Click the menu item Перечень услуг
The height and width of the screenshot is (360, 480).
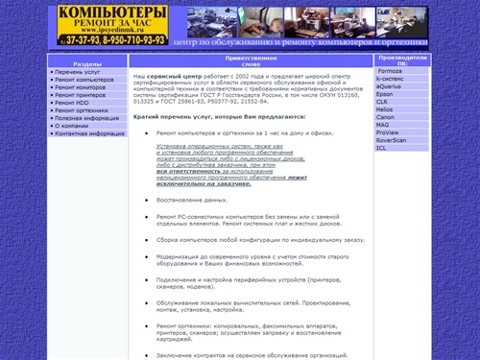(x=76, y=71)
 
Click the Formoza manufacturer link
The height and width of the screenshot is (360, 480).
(x=390, y=71)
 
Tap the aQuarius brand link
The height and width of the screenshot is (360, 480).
(x=391, y=86)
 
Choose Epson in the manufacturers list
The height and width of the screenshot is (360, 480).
(x=385, y=94)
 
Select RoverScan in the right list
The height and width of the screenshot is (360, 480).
(x=392, y=140)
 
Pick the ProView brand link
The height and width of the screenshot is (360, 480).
(x=388, y=132)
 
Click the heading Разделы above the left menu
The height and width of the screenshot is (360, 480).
(x=87, y=62)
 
